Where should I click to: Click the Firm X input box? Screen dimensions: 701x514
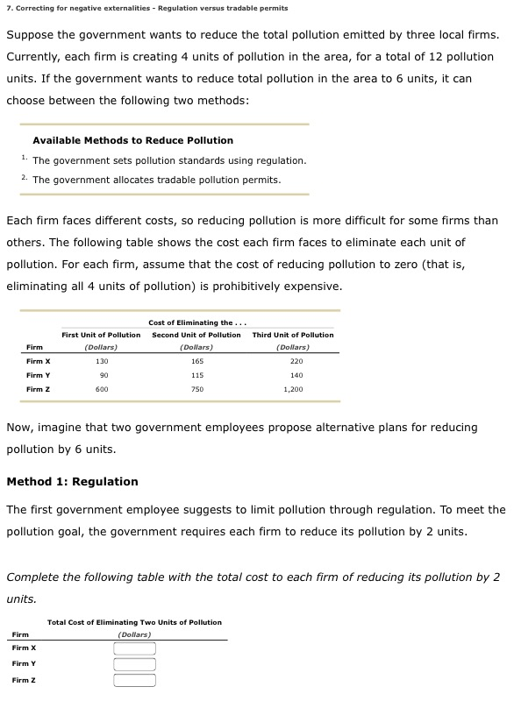click(x=133, y=649)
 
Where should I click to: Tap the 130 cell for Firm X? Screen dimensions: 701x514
click(x=102, y=361)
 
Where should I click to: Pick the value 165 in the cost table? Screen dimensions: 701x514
click(x=196, y=361)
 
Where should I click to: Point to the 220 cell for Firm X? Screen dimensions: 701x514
click(x=296, y=361)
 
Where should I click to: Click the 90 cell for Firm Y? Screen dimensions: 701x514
click(x=102, y=375)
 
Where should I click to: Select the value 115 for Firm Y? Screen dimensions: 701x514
click(x=196, y=375)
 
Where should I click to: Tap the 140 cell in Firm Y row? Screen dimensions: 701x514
click(x=296, y=375)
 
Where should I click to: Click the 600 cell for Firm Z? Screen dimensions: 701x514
click(x=102, y=389)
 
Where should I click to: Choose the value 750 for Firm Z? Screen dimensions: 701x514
click(x=196, y=389)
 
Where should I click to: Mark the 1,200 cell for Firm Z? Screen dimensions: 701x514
click(x=293, y=389)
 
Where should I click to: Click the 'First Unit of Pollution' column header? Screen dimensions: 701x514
click(x=101, y=335)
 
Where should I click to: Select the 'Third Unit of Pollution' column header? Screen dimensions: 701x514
click(x=293, y=335)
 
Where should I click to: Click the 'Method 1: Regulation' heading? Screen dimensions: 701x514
click(x=72, y=481)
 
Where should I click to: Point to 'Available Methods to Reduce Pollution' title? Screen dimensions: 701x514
click(x=132, y=140)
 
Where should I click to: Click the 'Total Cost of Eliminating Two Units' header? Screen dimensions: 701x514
click(x=134, y=622)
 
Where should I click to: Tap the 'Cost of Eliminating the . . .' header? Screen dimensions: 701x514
click(x=196, y=322)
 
